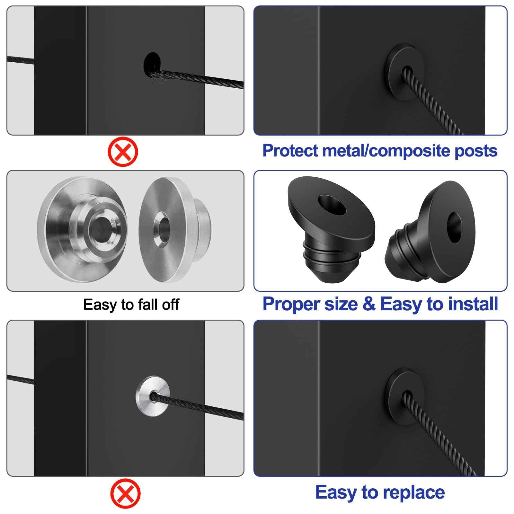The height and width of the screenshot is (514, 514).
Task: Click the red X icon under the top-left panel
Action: pyautogui.click(x=123, y=152)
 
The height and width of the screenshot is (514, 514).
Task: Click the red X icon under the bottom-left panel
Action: pyautogui.click(x=125, y=493)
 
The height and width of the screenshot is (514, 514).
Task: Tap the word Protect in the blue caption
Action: pyautogui.click(x=290, y=151)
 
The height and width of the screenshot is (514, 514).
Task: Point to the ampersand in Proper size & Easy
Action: pyautogui.click(x=369, y=304)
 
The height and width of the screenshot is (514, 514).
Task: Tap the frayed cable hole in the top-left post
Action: pyautogui.click(x=152, y=64)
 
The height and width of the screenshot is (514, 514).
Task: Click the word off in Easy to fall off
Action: pyautogui.click(x=170, y=305)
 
